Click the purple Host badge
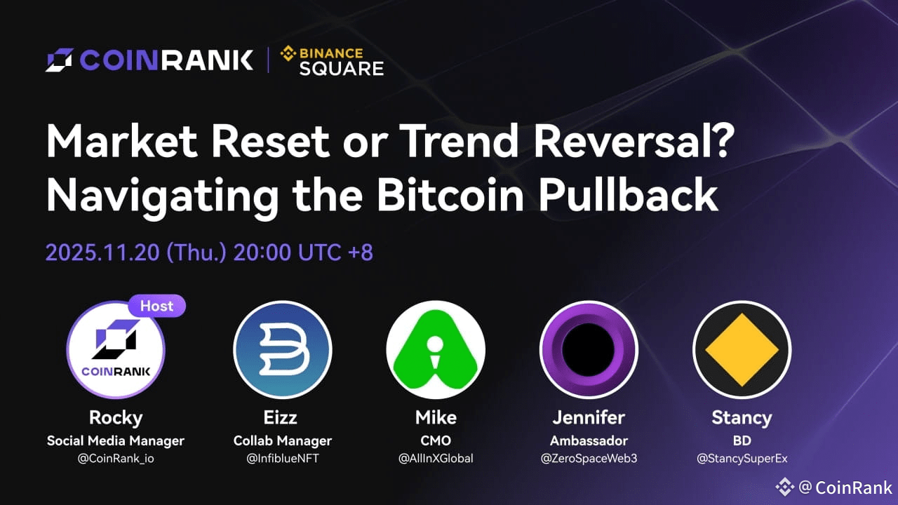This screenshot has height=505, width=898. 156,306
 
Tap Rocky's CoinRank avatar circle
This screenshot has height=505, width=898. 116,349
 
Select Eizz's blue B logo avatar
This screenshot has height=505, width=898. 283,349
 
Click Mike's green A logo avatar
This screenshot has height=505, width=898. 436,349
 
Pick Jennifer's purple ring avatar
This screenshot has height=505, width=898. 589,349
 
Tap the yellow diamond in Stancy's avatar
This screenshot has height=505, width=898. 742,350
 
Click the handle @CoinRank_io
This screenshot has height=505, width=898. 116,458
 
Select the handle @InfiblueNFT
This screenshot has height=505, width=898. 283,458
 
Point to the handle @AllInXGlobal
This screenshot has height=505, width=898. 436,458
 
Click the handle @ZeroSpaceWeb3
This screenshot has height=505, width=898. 589,458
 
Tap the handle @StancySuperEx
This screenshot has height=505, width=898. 742,458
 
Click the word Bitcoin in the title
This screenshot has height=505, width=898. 450,194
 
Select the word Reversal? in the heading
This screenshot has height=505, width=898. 634,140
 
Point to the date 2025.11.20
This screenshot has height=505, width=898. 102,252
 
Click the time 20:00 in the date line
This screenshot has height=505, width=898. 262,252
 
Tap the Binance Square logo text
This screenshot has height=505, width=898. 332,61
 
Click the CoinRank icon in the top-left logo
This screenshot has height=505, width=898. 60,60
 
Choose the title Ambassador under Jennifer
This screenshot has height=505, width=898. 589,440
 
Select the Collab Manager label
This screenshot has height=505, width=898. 283,440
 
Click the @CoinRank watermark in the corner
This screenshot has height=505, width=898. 834,487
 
